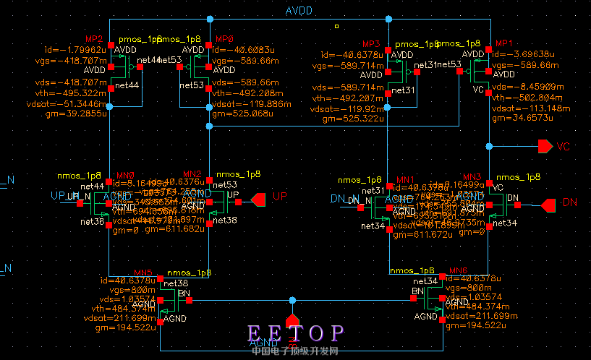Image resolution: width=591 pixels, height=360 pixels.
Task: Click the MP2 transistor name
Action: [x=95, y=38]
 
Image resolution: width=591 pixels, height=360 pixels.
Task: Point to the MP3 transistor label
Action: [x=371, y=43]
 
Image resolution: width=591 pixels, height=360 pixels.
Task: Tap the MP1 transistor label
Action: [x=503, y=43]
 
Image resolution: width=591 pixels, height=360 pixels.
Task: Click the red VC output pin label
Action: [x=564, y=147]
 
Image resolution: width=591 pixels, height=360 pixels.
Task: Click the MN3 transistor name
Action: [x=472, y=176]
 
